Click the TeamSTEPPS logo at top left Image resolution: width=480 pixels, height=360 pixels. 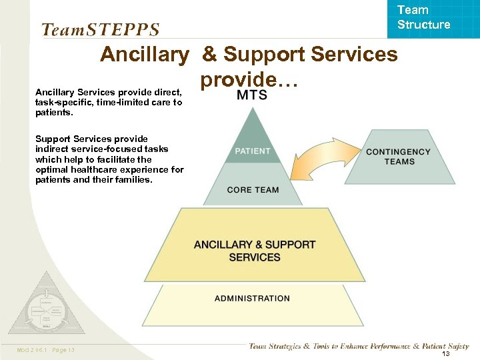100,30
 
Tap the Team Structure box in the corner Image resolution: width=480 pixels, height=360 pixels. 423,18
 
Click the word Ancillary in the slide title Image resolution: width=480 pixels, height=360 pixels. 145,54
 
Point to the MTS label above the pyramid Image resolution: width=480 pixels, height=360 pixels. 252,95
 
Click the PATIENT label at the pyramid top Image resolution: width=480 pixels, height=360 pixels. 252,151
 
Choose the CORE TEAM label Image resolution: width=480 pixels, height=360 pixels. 253,190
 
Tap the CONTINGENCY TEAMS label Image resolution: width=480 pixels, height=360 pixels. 399,157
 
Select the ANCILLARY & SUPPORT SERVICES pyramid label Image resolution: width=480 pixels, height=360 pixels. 254,251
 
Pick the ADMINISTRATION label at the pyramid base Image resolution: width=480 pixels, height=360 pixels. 252,299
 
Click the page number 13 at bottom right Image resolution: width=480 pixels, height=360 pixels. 445,354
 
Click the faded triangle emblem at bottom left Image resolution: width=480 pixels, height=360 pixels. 45,307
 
